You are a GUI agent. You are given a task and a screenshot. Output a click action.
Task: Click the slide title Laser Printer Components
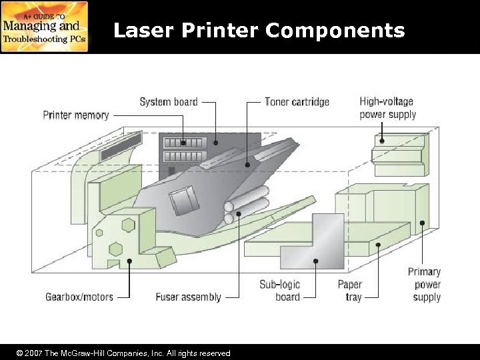(x=259, y=30)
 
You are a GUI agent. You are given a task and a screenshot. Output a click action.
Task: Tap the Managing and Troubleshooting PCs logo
(x=45, y=27)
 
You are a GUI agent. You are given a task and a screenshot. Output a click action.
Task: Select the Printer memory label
(x=76, y=115)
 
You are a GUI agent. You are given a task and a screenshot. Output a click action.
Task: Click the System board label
(x=168, y=102)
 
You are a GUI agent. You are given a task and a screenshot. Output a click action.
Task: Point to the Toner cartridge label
(x=297, y=102)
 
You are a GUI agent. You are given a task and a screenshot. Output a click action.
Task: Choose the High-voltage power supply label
(x=387, y=108)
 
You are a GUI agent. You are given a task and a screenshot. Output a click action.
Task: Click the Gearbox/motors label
(x=79, y=297)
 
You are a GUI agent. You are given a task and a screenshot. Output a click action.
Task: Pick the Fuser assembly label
(x=188, y=297)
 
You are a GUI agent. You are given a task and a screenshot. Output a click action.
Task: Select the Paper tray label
(x=349, y=291)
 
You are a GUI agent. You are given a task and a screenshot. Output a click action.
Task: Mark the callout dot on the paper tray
(x=379, y=245)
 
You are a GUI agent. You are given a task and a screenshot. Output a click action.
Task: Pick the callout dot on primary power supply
(x=422, y=223)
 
